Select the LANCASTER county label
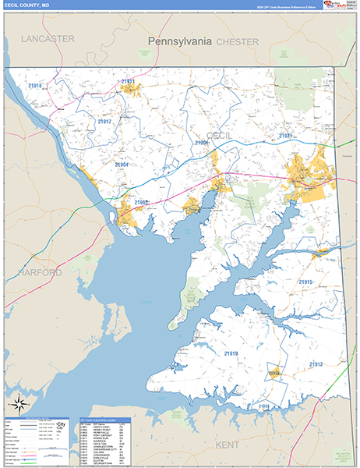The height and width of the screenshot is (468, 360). (x=48, y=38)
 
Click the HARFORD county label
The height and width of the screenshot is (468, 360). (x=36, y=272)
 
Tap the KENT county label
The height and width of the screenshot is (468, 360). (x=229, y=444)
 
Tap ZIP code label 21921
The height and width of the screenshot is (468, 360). (x=286, y=136)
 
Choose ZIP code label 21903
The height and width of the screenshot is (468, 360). (x=141, y=203)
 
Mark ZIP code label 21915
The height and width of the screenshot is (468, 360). (x=305, y=282)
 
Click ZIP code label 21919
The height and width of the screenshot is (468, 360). (x=231, y=354)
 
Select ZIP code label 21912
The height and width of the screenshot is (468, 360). (x=316, y=364)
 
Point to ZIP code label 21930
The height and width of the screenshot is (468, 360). (x=264, y=407)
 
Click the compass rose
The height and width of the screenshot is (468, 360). (x=19, y=404)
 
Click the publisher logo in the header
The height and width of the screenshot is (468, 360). (x=337, y=5)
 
